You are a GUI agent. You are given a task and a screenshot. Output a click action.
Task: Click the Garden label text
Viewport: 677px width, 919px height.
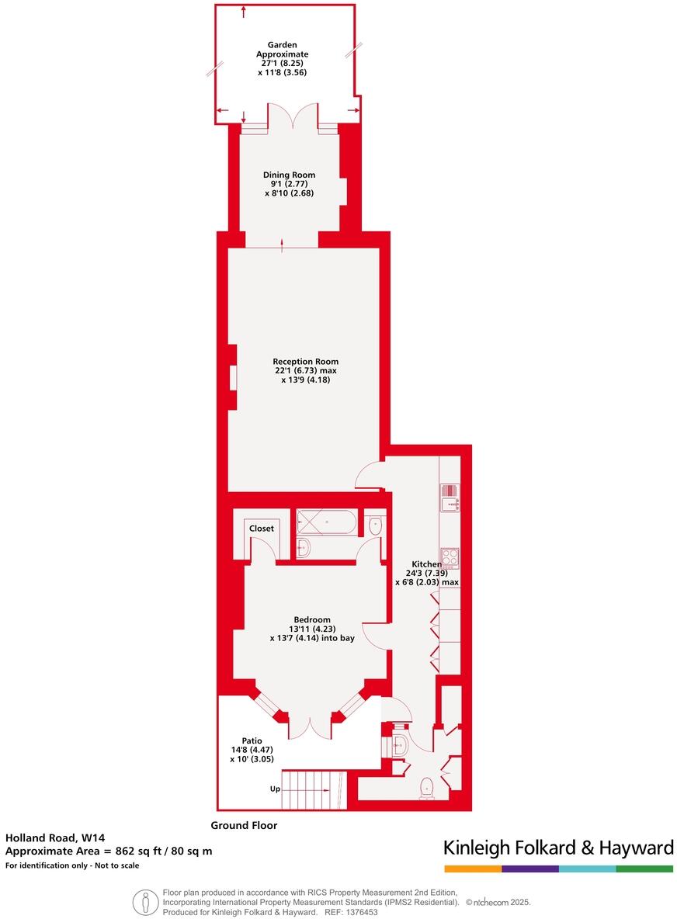pos(283,45)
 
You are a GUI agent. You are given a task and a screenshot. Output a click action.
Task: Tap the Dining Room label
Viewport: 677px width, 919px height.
pos(289,175)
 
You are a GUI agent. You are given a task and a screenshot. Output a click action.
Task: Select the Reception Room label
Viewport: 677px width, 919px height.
pos(305,362)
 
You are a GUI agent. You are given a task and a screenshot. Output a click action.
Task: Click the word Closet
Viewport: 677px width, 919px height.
pos(262,529)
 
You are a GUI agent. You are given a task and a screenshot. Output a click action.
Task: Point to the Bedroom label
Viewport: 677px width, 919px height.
pos(312,619)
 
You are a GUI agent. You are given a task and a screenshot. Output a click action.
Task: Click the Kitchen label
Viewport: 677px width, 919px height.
pos(426,564)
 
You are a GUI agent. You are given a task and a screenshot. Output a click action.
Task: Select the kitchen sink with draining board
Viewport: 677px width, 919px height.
pos(450,497)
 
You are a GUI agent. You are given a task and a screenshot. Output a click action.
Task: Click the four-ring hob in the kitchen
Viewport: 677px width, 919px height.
pos(450,558)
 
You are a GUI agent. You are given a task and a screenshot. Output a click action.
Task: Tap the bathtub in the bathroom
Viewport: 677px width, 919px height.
pos(326,522)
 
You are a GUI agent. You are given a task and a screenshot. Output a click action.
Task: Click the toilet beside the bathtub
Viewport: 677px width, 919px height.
pos(375,525)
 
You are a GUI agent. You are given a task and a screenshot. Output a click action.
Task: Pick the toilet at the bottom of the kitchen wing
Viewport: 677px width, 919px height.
pos(426,788)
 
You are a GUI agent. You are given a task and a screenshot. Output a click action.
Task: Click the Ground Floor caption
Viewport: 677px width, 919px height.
pos(244,826)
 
